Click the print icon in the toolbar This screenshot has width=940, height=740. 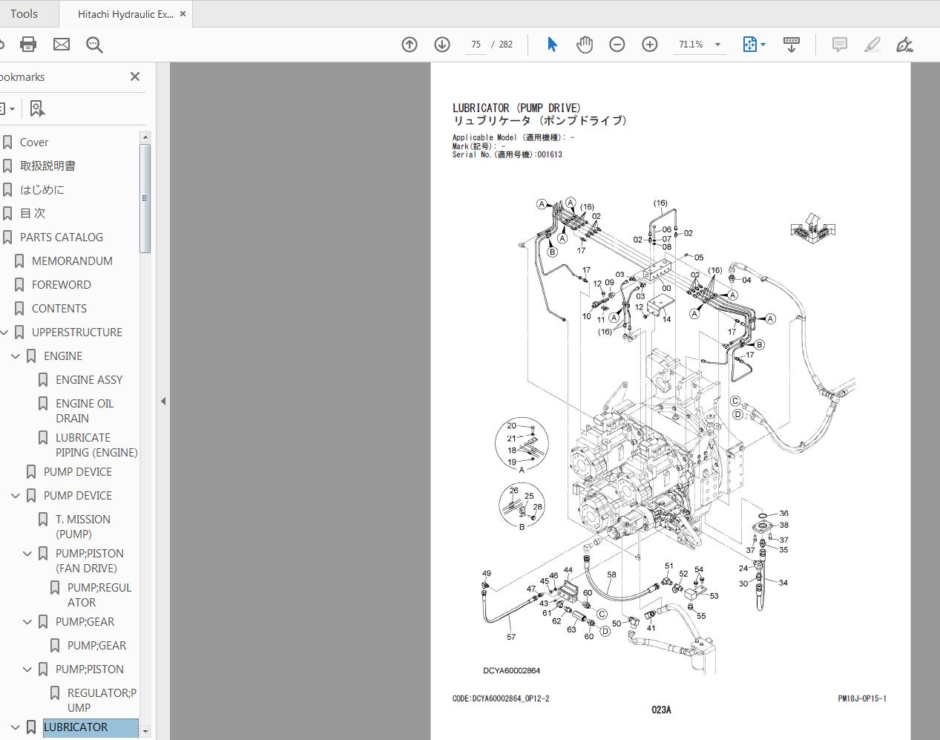coord(28,45)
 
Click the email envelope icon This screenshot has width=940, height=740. coord(62,45)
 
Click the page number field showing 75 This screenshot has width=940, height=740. coord(476,45)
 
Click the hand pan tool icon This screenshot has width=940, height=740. coord(585,45)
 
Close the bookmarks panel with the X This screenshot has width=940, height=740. coord(134,76)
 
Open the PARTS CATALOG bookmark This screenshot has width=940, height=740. coord(61,238)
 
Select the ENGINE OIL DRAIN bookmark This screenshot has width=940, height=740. coord(84,410)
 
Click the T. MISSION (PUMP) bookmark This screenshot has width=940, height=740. coord(82,526)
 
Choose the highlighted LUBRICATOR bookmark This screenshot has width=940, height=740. coord(76,727)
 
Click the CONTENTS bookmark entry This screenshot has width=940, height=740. coord(59,309)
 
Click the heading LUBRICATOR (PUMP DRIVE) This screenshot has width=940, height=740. coord(516,108)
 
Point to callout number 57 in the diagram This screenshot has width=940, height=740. coord(511,637)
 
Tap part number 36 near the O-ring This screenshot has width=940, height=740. coord(783,514)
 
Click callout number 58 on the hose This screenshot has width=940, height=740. coord(611,574)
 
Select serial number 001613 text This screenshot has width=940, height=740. coord(550,155)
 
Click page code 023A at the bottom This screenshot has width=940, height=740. coord(661,710)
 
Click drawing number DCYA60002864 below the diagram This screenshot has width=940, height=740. coord(511,671)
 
